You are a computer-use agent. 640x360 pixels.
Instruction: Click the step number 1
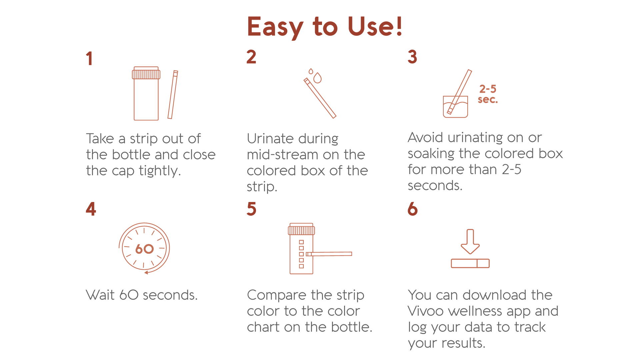tap(89, 59)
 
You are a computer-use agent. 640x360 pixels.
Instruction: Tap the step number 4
tap(91, 209)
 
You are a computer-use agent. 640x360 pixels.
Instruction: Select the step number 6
tap(412, 209)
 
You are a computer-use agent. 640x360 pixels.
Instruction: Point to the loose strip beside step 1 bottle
tap(173, 95)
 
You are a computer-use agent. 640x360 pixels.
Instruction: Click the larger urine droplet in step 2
tap(318, 78)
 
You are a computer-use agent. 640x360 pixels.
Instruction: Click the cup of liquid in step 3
tap(455, 107)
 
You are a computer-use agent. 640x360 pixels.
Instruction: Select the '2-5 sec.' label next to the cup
tap(488, 94)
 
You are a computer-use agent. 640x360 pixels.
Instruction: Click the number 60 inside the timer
tap(144, 249)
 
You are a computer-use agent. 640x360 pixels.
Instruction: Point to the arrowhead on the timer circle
tap(146, 273)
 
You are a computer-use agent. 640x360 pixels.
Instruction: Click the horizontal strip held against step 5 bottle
tap(330, 254)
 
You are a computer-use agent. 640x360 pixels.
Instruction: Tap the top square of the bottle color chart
tap(301, 242)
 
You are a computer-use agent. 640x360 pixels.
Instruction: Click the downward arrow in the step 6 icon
tap(470, 242)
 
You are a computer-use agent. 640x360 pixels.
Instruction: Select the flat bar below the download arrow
tap(470, 263)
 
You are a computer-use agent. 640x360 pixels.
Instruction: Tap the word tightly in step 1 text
tap(160, 171)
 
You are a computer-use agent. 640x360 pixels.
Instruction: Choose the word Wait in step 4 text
tap(100, 295)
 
